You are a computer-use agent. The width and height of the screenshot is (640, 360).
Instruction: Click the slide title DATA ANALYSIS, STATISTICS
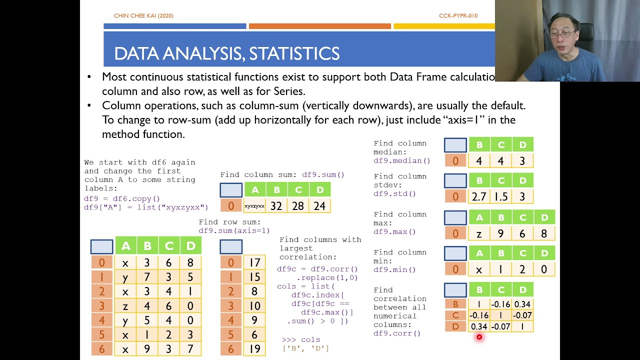[x=226, y=53]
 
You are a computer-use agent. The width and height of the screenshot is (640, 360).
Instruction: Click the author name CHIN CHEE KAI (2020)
[x=143, y=16]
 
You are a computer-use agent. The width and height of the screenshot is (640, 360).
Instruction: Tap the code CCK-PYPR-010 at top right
[x=458, y=16]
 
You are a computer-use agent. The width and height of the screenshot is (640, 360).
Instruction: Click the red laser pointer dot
[x=479, y=337]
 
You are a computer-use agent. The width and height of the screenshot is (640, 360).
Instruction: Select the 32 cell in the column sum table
[x=276, y=205]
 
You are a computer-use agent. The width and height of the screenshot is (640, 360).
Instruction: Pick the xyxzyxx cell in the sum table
[x=254, y=205]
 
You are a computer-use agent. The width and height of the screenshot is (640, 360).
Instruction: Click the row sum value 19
[x=254, y=348]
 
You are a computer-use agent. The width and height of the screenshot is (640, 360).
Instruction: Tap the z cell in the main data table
[x=125, y=305]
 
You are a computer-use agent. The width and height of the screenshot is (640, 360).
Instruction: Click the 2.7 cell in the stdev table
[x=479, y=196]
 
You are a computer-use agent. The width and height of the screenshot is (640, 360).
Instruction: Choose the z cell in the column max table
[x=479, y=233]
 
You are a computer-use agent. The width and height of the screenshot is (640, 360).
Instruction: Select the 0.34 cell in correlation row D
[x=479, y=326]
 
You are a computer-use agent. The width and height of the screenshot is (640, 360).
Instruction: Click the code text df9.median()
[x=401, y=161]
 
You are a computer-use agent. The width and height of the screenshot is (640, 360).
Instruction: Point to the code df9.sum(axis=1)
[x=234, y=230]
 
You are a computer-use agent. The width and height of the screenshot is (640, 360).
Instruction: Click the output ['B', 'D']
[x=305, y=348]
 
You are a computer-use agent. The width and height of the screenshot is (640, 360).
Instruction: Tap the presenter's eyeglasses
[x=563, y=34]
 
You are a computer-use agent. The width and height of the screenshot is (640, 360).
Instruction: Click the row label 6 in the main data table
[x=102, y=348]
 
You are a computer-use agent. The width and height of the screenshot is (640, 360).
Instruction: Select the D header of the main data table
[x=190, y=245]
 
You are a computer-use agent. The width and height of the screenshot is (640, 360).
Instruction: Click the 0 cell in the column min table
[x=544, y=269]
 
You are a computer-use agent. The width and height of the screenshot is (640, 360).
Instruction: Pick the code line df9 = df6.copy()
[x=122, y=198]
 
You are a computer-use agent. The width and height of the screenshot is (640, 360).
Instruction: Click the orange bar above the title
[x=320, y=26]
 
